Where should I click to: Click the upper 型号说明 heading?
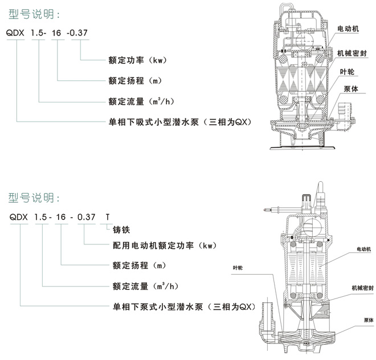click(34, 13)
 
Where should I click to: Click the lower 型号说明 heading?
click(34, 198)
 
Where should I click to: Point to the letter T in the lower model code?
click(108, 218)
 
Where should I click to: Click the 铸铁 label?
click(120, 231)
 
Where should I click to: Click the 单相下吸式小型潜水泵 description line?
click(179, 122)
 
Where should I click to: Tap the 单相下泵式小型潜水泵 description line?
click(179, 306)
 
